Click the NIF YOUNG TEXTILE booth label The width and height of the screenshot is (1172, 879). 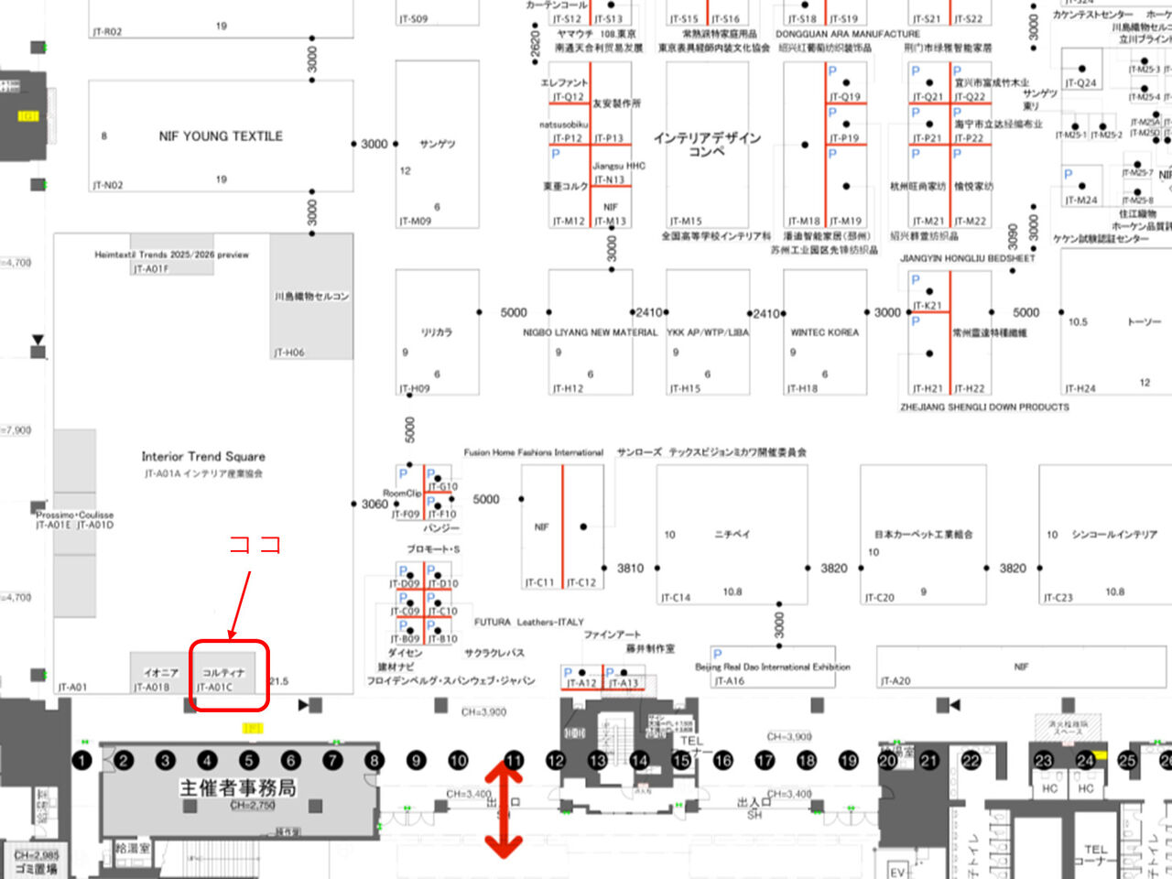pyautogui.click(x=221, y=136)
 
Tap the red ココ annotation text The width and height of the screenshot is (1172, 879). pyautogui.click(x=255, y=545)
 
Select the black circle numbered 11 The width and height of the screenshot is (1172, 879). pyautogui.click(x=515, y=760)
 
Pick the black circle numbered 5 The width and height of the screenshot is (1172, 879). pyautogui.click(x=249, y=760)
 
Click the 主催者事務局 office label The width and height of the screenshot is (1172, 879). pyautogui.click(x=237, y=787)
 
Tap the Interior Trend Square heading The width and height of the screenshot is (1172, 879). pyautogui.click(x=203, y=456)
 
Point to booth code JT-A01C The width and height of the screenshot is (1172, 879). pyautogui.click(x=215, y=688)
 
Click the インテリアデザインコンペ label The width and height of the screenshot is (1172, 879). pyautogui.click(x=707, y=144)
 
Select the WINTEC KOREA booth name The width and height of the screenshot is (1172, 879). pyautogui.click(x=824, y=332)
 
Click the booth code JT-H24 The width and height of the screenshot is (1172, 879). pyautogui.click(x=1080, y=388)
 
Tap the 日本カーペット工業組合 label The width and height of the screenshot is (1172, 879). pyautogui.click(x=923, y=534)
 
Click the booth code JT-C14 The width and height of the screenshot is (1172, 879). pyautogui.click(x=676, y=598)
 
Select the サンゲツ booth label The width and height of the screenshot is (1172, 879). pyautogui.click(x=437, y=144)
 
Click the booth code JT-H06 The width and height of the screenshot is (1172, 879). pyautogui.click(x=288, y=353)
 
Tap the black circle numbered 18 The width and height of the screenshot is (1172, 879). pyautogui.click(x=807, y=760)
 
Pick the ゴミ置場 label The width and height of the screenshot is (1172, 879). pyautogui.click(x=36, y=868)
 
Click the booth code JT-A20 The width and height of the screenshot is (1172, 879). pyautogui.click(x=895, y=681)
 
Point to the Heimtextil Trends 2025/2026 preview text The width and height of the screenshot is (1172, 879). pyautogui.click(x=171, y=255)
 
